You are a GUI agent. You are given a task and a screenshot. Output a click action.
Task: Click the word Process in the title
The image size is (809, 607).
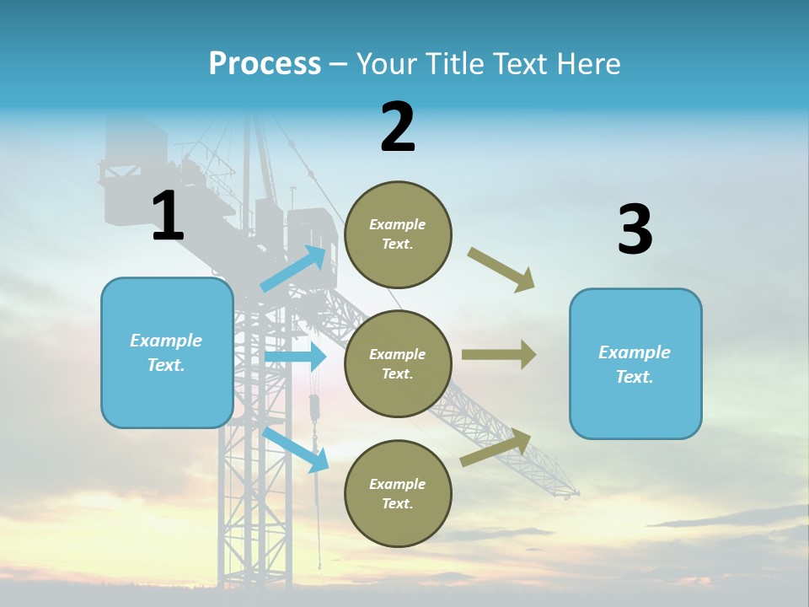[x=265, y=64]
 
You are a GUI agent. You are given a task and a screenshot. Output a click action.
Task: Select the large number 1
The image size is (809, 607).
[x=167, y=217]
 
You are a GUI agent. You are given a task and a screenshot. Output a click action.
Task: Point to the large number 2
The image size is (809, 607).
[x=398, y=128]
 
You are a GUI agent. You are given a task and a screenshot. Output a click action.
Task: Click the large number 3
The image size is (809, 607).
[x=635, y=230]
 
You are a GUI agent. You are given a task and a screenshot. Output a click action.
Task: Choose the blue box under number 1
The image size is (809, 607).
[x=167, y=352]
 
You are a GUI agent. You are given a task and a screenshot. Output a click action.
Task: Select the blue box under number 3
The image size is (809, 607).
[x=635, y=364]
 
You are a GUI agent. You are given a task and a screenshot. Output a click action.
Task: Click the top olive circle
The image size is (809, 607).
[x=398, y=234]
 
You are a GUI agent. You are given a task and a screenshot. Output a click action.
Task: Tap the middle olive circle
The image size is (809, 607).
[x=398, y=363]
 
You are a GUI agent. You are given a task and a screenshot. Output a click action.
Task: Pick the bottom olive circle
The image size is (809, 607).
[x=398, y=493]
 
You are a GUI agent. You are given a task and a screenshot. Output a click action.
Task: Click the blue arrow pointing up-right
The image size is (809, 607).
[x=294, y=269]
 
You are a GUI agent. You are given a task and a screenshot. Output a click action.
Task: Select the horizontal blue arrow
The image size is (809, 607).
[x=295, y=357]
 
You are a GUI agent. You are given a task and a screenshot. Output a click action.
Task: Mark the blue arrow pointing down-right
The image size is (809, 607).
[x=296, y=449]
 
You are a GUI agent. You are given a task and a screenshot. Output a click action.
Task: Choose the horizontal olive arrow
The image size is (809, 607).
[x=498, y=355]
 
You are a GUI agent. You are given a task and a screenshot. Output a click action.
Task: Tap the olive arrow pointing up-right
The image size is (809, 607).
[x=496, y=448]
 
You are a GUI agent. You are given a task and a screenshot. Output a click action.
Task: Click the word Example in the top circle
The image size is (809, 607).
[x=398, y=224]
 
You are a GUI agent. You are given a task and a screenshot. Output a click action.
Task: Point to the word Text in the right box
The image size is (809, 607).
[x=634, y=377]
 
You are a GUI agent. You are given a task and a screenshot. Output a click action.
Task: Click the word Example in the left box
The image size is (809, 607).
[x=166, y=341]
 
